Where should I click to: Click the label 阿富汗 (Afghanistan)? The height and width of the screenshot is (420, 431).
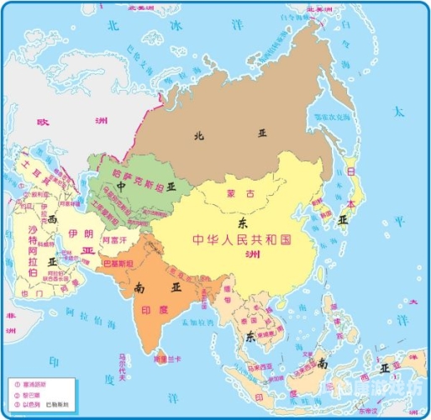point(113,240)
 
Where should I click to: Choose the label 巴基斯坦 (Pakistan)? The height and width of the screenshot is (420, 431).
point(117,263)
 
